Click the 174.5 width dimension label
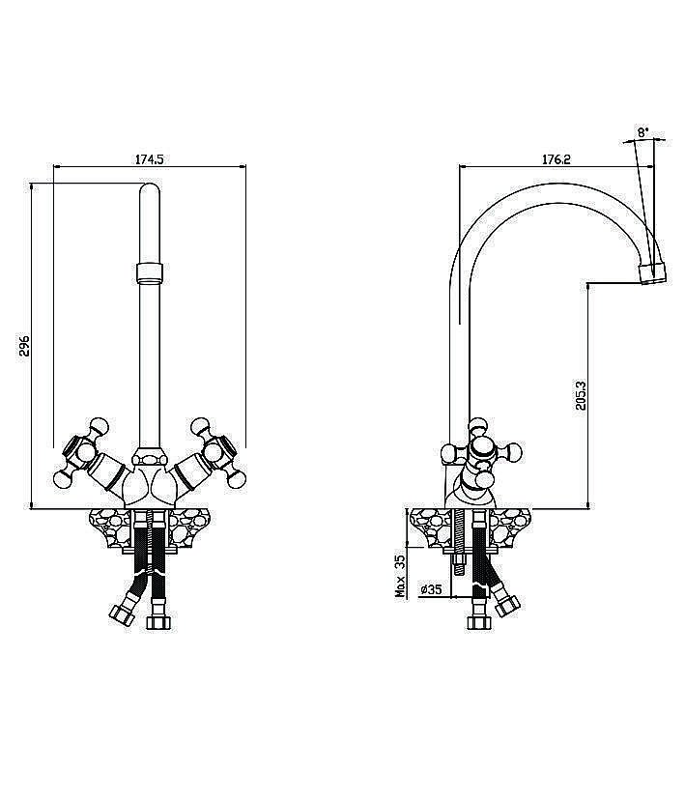[149, 159]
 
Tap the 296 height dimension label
[25, 349]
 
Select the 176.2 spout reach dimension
[557, 159]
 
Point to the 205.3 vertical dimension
[581, 396]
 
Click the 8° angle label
[642, 132]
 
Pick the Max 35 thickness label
[401, 577]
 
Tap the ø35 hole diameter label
[431, 590]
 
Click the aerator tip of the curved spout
[652, 272]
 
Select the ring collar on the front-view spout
[150, 272]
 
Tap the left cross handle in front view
[83, 452]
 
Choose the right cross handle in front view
[216, 452]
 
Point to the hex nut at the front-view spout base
[150, 458]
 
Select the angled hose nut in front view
[123, 614]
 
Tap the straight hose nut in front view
[158, 622]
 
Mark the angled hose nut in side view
[507, 606]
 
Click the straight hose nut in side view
[479, 622]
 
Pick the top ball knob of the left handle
[99, 426]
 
